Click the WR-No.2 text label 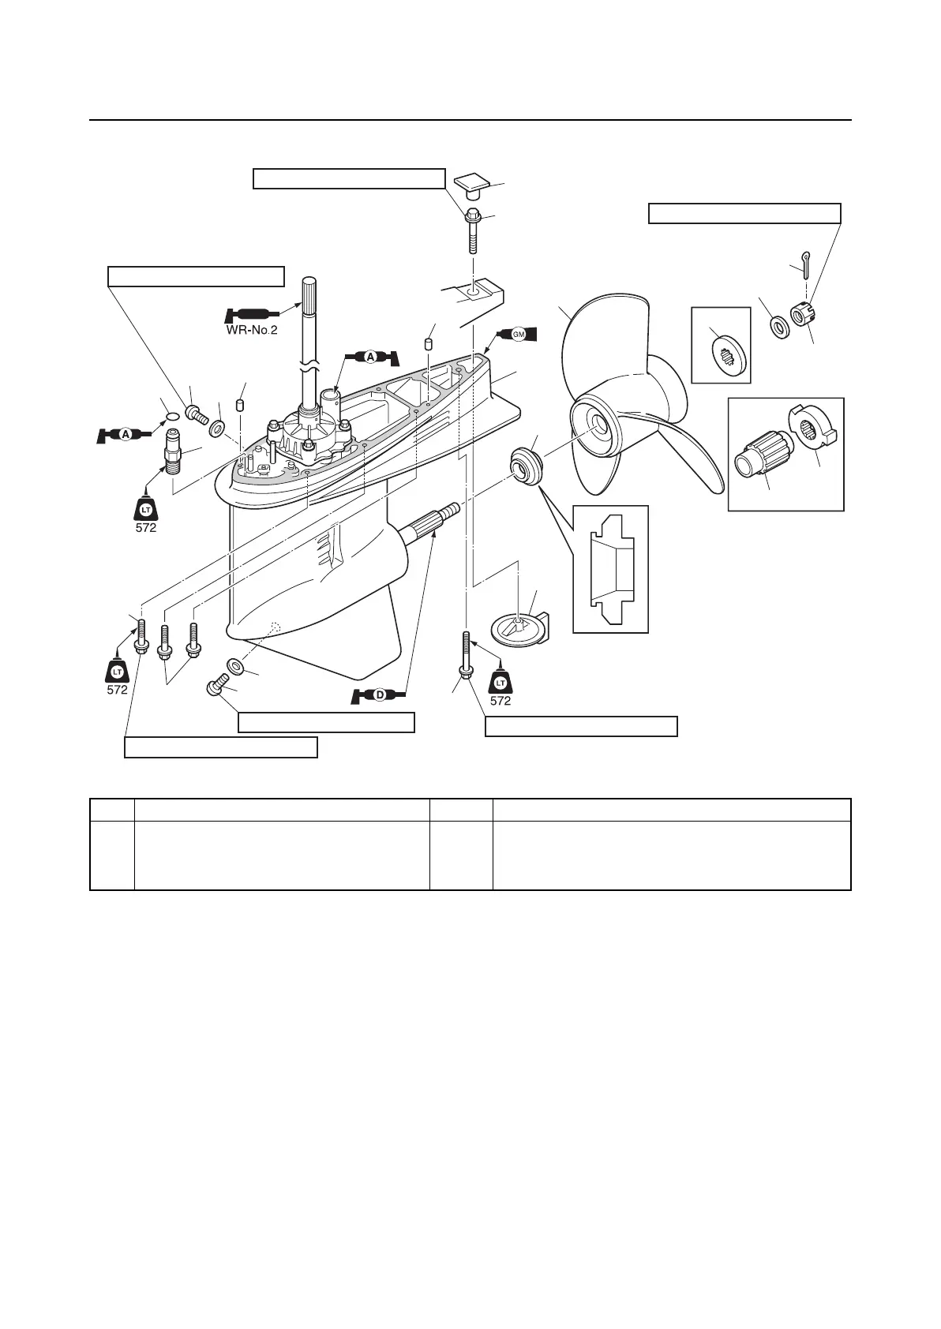click(x=251, y=331)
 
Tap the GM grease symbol click(x=518, y=335)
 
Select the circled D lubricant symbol click(x=380, y=695)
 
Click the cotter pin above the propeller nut click(x=803, y=265)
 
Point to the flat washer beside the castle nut click(x=778, y=324)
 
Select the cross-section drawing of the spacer click(x=610, y=568)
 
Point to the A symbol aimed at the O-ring click(x=125, y=434)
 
